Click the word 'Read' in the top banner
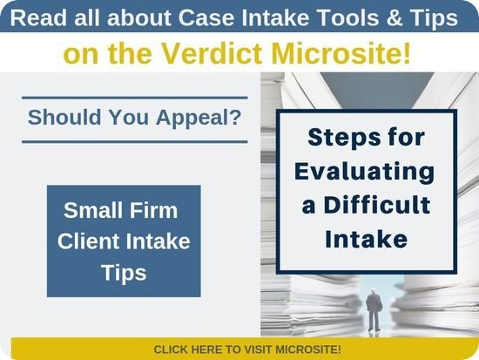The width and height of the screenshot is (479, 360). [x=38, y=17]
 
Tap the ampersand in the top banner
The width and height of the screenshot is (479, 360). [x=395, y=17]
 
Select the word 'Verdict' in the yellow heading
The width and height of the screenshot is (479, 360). [x=212, y=53]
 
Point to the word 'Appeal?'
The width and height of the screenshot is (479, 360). [x=199, y=118]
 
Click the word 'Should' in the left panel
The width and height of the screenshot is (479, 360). [x=64, y=117]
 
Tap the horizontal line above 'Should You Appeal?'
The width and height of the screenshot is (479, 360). [x=135, y=98]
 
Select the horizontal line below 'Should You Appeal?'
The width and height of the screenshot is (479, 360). [x=135, y=141]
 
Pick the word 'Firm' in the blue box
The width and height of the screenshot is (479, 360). [x=153, y=210]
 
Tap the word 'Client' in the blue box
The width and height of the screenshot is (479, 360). [x=89, y=241]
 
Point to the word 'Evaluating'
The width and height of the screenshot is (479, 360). [x=365, y=172]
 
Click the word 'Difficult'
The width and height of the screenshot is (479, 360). [x=377, y=205]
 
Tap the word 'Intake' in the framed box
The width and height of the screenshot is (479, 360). [x=367, y=239]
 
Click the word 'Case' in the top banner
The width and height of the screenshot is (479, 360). [x=206, y=17]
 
